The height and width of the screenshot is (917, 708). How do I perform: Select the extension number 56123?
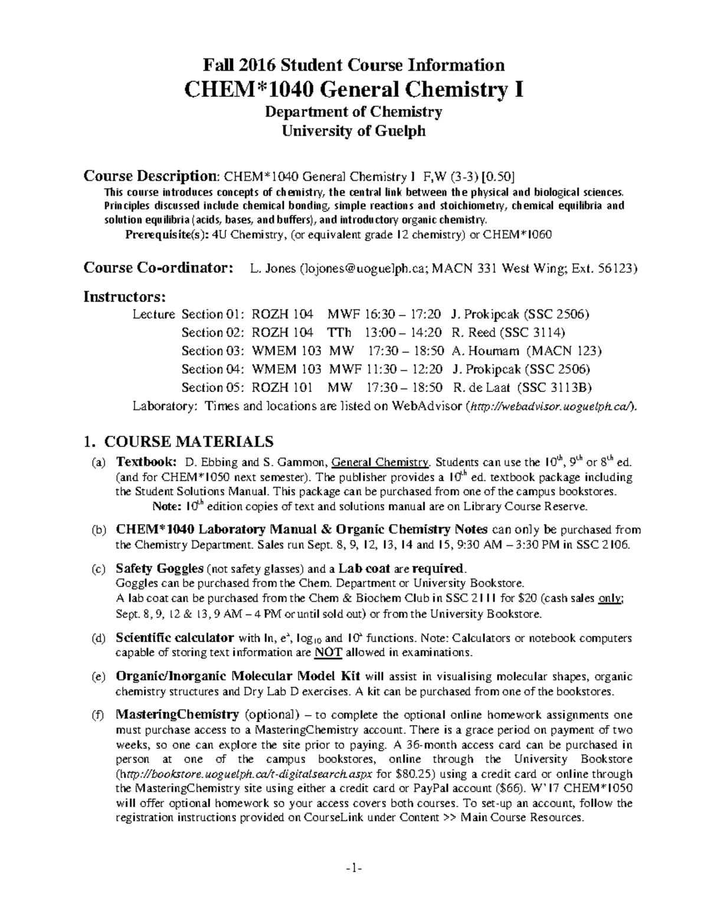pos(617,269)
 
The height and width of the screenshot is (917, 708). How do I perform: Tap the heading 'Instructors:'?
pos(125,296)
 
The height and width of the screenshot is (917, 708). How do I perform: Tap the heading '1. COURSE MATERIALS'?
pos(179,441)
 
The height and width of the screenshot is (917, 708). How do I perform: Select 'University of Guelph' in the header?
pos(353,130)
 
